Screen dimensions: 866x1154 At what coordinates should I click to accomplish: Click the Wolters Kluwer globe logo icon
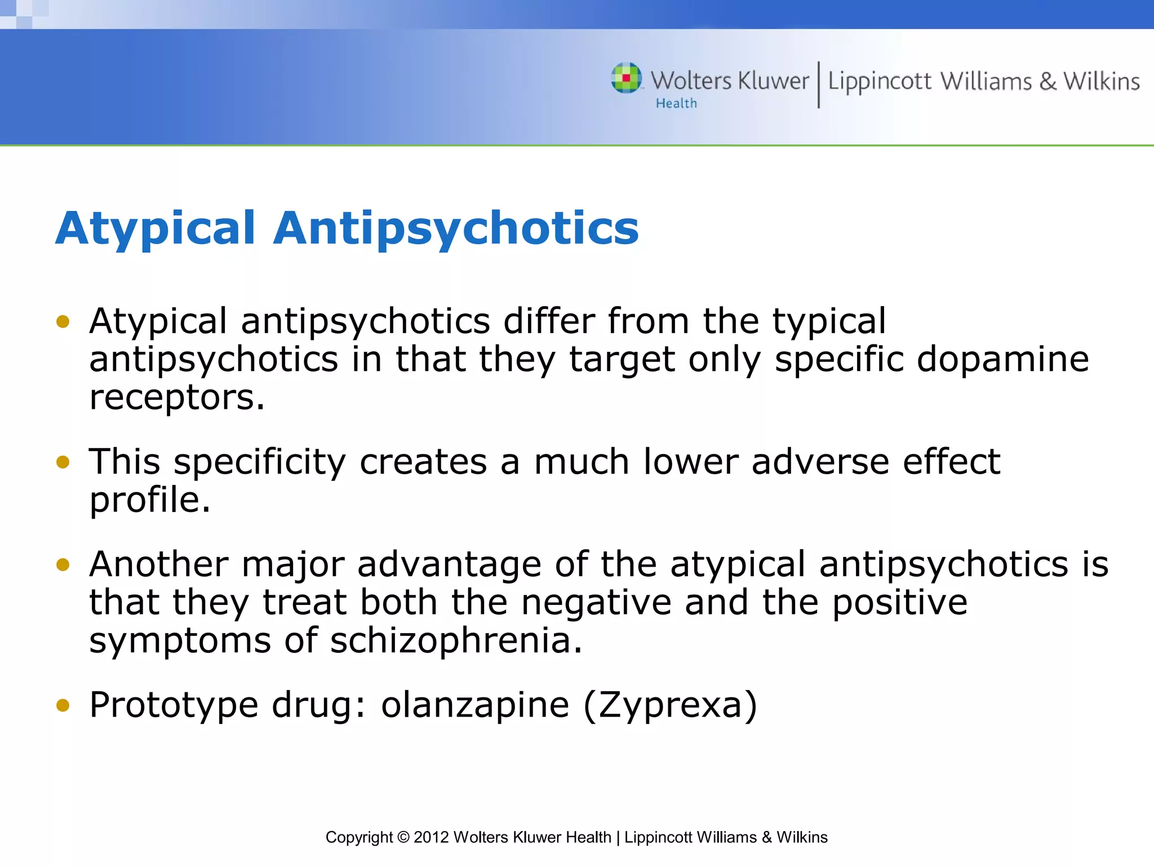tap(626, 78)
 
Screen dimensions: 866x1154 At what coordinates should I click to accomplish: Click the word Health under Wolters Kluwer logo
tap(676, 104)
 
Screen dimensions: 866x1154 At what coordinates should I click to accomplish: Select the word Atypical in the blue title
tap(156, 229)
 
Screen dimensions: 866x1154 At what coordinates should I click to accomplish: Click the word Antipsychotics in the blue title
tap(456, 229)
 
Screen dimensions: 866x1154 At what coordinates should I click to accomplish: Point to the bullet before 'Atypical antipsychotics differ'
tap(63, 322)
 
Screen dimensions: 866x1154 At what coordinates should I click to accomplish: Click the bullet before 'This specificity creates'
tap(63, 462)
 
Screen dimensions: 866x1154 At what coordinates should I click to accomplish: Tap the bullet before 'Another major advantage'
tap(63, 564)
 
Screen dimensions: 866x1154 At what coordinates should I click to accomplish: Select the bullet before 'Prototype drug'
tap(63, 705)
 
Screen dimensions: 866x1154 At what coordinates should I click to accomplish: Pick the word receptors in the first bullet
tap(176, 397)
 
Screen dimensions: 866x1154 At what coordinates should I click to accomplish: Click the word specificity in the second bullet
tap(259, 462)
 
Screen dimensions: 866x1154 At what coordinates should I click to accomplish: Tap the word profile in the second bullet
tap(149, 500)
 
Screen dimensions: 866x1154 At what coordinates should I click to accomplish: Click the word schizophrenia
tap(456, 641)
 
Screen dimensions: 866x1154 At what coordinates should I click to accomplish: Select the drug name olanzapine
tap(475, 705)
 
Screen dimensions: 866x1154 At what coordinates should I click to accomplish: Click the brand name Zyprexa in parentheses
tap(670, 705)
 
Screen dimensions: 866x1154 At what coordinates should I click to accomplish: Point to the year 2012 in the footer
tap(431, 837)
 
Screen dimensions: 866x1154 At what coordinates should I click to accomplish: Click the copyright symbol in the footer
tap(403, 837)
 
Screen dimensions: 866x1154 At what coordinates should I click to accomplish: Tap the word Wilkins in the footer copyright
tap(802, 837)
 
